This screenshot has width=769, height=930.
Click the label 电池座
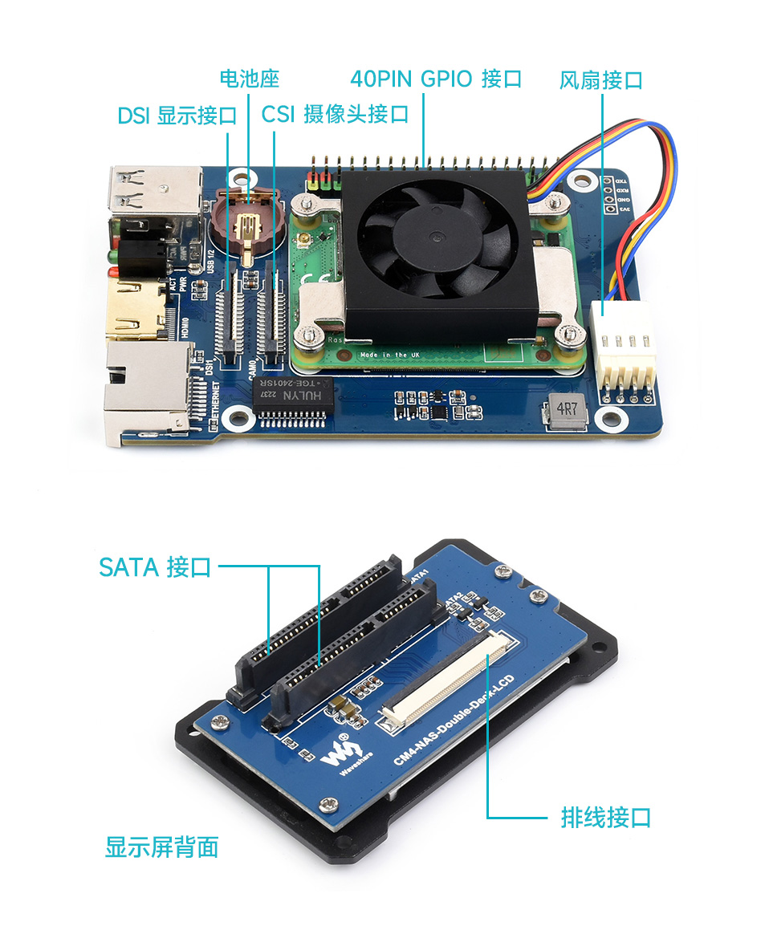[249, 79]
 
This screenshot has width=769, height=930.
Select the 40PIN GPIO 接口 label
[436, 79]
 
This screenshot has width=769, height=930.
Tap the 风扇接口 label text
[600, 79]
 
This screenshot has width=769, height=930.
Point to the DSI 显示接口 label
[177, 116]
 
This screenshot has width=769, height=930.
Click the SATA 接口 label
[155, 567]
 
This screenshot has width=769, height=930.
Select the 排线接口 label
[605, 818]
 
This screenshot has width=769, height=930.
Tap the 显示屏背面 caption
[161, 847]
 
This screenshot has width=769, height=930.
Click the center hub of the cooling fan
[437, 236]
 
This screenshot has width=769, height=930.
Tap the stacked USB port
[154, 193]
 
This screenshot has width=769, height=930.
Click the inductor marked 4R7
[567, 410]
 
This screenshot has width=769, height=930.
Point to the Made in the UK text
[391, 354]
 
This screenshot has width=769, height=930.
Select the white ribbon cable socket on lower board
[443, 677]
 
